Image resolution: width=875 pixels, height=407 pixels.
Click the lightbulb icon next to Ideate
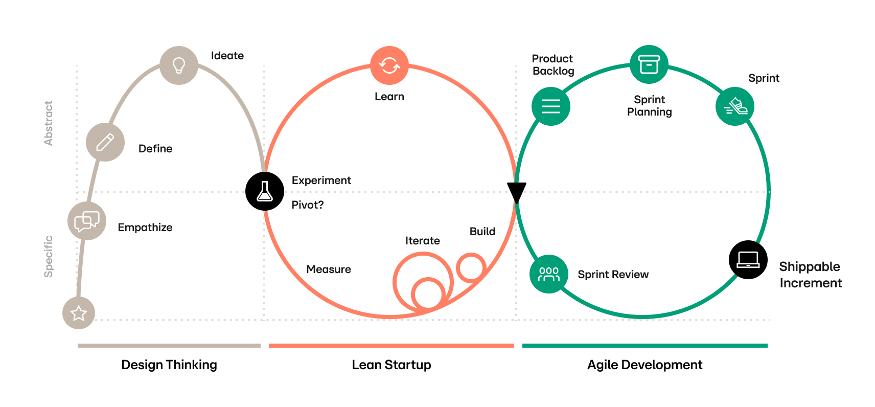pyautogui.click(x=179, y=65)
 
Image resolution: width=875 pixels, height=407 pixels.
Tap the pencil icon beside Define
pyautogui.click(x=105, y=142)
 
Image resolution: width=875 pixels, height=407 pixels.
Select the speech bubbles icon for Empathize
pyautogui.click(x=87, y=221)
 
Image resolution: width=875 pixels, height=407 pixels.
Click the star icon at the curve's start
pyautogui.click(x=79, y=313)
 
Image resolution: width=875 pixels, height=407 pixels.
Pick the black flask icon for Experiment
pyautogui.click(x=265, y=191)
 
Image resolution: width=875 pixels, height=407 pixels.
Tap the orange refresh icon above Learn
pyautogui.click(x=389, y=65)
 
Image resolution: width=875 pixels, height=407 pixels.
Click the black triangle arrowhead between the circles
pyautogui.click(x=516, y=191)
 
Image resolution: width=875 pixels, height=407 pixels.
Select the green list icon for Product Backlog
pyautogui.click(x=551, y=106)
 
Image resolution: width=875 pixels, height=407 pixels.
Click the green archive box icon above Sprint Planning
pyautogui.click(x=649, y=64)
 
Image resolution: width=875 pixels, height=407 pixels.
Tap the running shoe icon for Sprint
pyautogui.click(x=735, y=106)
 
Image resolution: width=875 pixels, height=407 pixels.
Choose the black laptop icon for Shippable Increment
pyautogui.click(x=748, y=260)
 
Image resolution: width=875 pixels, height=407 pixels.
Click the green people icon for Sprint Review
pyautogui.click(x=549, y=274)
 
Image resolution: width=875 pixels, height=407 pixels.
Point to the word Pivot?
pyautogui.click(x=308, y=205)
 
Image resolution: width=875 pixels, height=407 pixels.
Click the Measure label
pyautogui.click(x=329, y=269)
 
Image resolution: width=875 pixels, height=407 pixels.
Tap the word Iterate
pyautogui.click(x=423, y=241)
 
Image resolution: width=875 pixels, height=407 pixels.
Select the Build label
pyautogui.click(x=482, y=232)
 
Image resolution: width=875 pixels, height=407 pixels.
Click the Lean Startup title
pyautogui.click(x=392, y=365)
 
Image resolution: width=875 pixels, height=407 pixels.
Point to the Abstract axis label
pyautogui.click(x=49, y=123)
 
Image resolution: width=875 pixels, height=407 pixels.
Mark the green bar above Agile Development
pyautogui.click(x=645, y=346)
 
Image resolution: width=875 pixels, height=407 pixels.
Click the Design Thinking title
pyautogui.click(x=169, y=365)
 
